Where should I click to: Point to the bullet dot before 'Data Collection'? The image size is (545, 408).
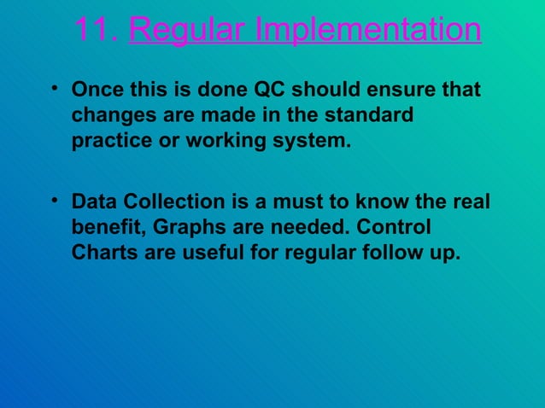coord(54,201)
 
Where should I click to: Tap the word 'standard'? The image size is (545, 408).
coord(370,115)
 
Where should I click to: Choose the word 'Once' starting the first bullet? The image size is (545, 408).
coord(96,90)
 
